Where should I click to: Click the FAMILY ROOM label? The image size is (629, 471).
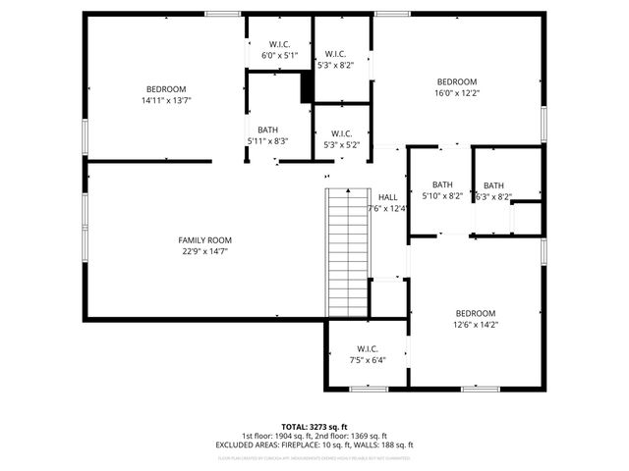pyautogui.click(x=204, y=240)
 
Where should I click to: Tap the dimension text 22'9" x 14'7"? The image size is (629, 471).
pyautogui.click(x=204, y=251)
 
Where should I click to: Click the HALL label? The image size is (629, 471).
pyautogui.click(x=388, y=196)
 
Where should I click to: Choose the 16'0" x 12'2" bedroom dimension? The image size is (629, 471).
pyautogui.click(x=457, y=93)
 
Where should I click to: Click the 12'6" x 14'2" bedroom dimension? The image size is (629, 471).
pyautogui.click(x=475, y=324)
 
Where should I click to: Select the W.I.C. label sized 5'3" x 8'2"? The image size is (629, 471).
pyautogui.click(x=335, y=54)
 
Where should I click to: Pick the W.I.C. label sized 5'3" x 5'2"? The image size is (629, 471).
pyautogui.click(x=341, y=133)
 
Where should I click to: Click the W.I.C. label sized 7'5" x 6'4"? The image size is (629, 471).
pyautogui.click(x=368, y=348)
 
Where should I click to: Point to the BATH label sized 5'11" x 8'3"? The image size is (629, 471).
pyautogui.click(x=267, y=130)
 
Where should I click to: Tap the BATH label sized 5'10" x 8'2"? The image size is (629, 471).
pyautogui.click(x=442, y=184)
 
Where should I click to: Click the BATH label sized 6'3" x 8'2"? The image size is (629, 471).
pyautogui.click(x=493, y=185)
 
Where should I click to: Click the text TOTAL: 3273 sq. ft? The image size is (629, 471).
pyautogui.click(x=314, y=427)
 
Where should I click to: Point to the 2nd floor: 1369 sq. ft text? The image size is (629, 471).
pyautogui.click(x=351, y=436)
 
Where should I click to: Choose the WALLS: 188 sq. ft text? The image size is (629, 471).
pyautogui.click(x=385, y=445)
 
